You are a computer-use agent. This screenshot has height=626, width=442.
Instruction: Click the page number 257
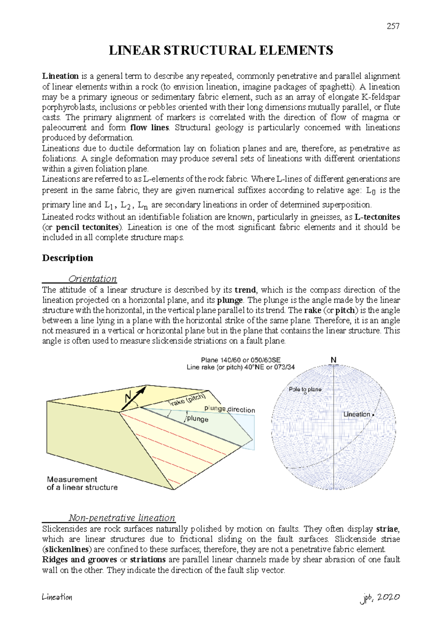click(x=393, y=26)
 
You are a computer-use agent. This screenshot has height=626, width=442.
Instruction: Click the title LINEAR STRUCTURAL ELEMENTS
click(x=221, y=51)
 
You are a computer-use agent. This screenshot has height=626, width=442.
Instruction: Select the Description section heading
click(x=67, y=258)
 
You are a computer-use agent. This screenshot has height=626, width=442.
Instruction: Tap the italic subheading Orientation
click(x=92, y=279)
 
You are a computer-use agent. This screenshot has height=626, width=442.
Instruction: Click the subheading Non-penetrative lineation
click(x=122, y=518)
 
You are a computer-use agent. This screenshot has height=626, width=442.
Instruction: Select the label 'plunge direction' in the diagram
click(x=229, y=409)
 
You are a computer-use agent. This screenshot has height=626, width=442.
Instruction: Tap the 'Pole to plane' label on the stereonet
click(x=305, y=389)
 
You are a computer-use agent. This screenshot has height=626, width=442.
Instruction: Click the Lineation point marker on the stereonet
click(x=373, y=415)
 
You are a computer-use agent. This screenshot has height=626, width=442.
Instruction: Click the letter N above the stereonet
click(x=333, y=360)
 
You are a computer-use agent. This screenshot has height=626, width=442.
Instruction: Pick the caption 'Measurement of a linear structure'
click(x=82, y=483)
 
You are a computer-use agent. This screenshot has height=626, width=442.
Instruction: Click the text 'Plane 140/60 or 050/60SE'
click(x=241, y=360)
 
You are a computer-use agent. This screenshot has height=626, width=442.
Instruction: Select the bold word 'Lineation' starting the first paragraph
click(x=60, y=76)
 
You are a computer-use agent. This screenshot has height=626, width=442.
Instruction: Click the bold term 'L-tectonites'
click(x=377, y=217)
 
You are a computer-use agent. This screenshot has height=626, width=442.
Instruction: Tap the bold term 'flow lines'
click(x=150, y=128)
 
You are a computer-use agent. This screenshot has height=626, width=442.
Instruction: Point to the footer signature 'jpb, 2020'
click(x=380, y=598)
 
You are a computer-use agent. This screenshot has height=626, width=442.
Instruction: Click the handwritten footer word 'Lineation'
click(x=57, y=597)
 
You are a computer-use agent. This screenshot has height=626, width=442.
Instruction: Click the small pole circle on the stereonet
click(x=305, y=394)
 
